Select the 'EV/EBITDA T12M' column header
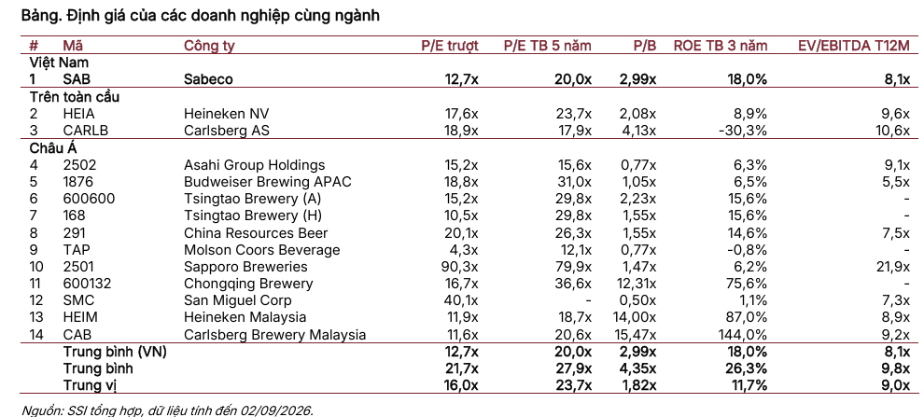(x=854, y=46)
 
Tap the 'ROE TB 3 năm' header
(x=721, y=46)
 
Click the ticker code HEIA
(x=78, y=114)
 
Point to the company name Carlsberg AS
(x=226, y=131)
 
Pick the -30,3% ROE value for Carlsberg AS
(x=743, y=131)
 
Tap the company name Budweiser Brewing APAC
(x=268, y=182)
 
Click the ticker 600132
(x=87, y=284)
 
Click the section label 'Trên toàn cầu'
(x=75, y=97)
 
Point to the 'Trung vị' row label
(x=93, y=386)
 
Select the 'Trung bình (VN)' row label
(x=115, y=353)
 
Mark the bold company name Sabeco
(x=208, y=79)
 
